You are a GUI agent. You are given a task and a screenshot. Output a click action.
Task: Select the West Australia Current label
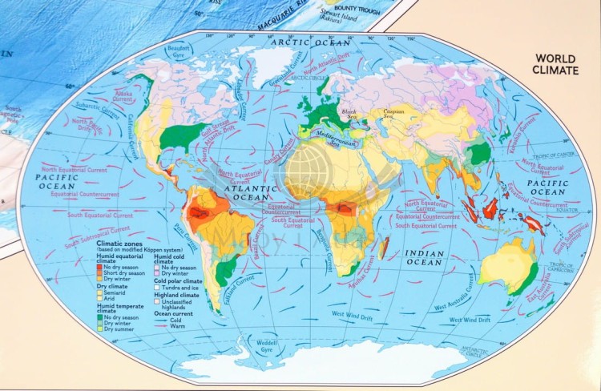tap(458, 302)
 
